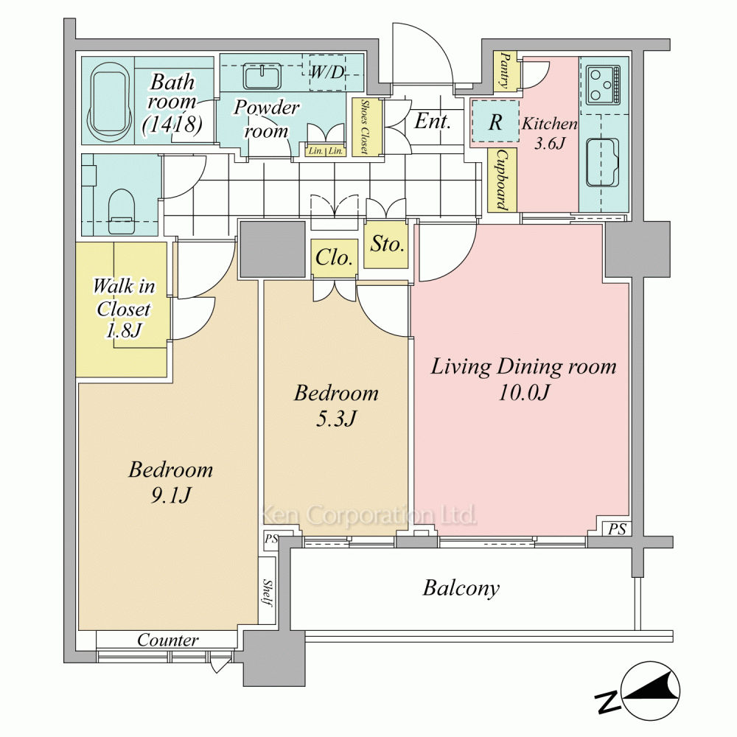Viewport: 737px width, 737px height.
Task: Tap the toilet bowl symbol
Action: (x=122, y=211)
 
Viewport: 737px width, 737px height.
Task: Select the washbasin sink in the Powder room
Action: (x=262, y=77)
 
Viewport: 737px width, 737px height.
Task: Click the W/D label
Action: (x=328, y=72)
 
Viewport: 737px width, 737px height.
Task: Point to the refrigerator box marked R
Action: (x=495, y=121)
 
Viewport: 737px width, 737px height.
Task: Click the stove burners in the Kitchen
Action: (x=604, y=85)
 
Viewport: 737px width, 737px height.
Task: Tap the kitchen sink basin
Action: (x=602, y=162)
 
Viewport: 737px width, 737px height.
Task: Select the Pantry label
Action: (x=506, y=71)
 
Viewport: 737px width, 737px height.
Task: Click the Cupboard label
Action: (x=503, y=180)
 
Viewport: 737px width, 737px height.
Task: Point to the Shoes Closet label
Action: (x=364, y=127)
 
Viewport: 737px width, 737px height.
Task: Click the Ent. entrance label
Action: (x=433, y=121)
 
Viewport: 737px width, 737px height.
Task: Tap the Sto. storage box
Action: (x=386, y=245)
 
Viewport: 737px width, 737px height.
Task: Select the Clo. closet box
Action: (x=334, y=257)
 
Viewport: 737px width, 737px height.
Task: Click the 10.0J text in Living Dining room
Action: (x=524, y=392)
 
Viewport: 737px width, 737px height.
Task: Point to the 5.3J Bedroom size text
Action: (x=336, y=418)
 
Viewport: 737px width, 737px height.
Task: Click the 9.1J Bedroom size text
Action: (x=170, y=495)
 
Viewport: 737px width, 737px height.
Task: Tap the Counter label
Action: (x=168, y=640)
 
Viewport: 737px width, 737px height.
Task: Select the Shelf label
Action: (x=268, y=593)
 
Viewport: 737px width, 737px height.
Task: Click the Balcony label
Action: (x=461, y=588)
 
